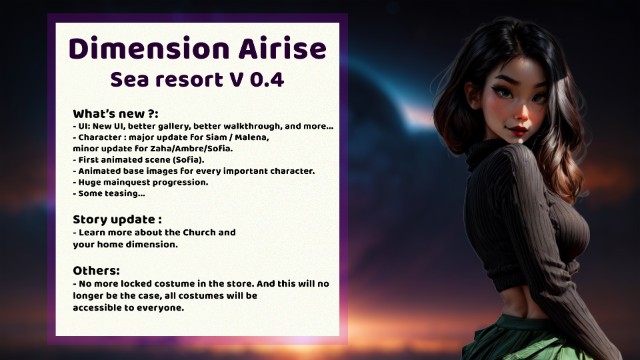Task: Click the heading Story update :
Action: coord(117,218)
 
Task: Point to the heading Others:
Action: coord(96,271)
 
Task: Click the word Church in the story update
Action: coord(184,232)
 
